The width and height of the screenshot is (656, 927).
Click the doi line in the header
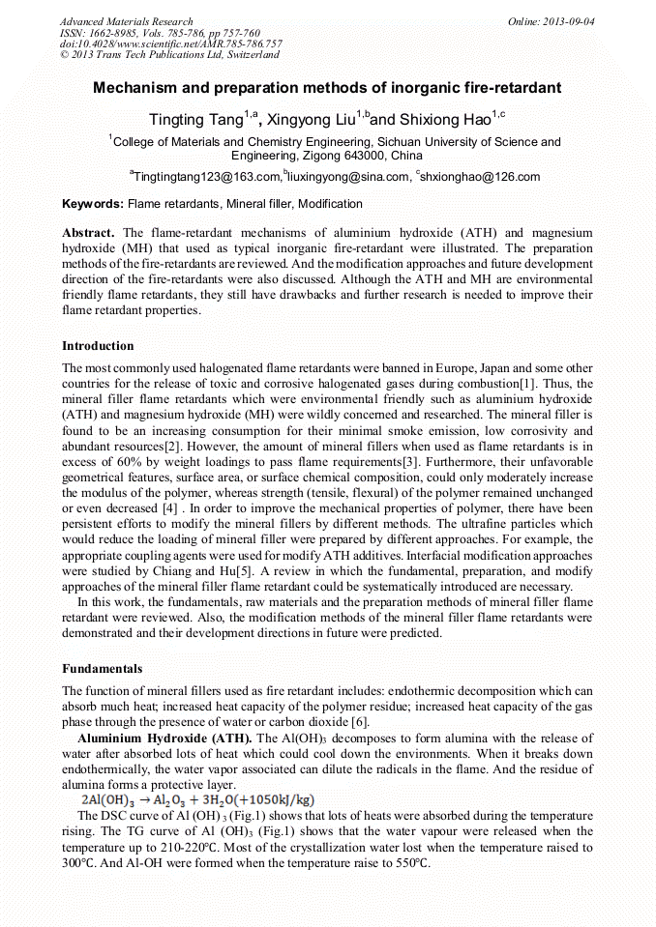(170, 44)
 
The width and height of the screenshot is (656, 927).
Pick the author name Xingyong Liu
(310, 120)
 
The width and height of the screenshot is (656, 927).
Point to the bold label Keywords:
(93, 204)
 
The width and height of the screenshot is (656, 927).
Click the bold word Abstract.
(88, 233)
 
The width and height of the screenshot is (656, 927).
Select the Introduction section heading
(98, 345)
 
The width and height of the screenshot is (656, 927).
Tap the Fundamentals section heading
(102, 668)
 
